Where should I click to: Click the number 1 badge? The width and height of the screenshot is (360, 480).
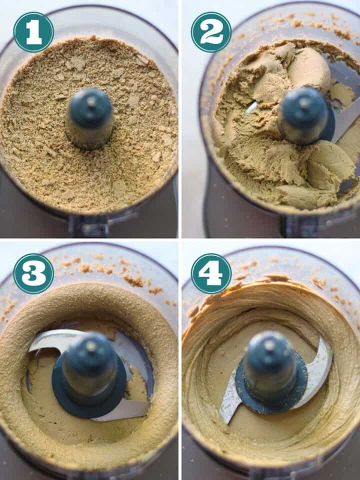click(x=33, y=32)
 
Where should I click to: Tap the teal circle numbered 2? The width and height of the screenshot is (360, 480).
click(x=211, y=32)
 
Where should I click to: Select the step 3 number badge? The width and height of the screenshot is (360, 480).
click(x=33, y=273)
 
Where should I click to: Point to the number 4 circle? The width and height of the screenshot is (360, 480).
click(x=211, y=273)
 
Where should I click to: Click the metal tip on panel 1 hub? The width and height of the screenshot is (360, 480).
click(x=91, y=101)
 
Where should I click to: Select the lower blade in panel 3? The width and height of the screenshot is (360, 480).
click(x=122, y=410)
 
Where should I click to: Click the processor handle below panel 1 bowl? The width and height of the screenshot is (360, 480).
click(x=90, y=227)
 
